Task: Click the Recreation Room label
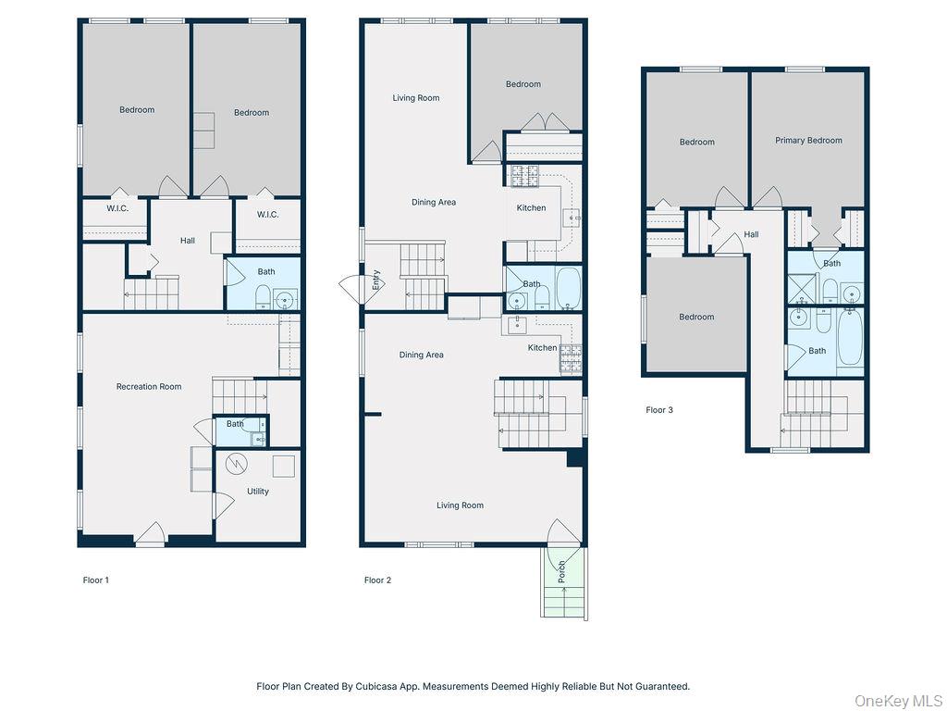point(148,386)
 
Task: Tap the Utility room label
point(258,491)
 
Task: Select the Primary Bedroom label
point(808,140)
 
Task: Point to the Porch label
point(561,571)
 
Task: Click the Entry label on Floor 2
point(375,281)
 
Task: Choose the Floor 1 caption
point(96,580)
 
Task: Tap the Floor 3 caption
point(658,409)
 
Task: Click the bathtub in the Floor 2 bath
point(568,289)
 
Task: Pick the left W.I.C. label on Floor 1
point(117,208)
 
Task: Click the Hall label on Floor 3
point(751,234)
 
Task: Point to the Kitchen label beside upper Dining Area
point(531,208)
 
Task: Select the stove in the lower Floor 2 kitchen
point(571,358)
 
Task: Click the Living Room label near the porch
point(460,505)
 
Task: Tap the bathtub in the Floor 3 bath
point(850,339)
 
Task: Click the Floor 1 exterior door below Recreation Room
point(151,536)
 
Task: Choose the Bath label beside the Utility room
point(235,424)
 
